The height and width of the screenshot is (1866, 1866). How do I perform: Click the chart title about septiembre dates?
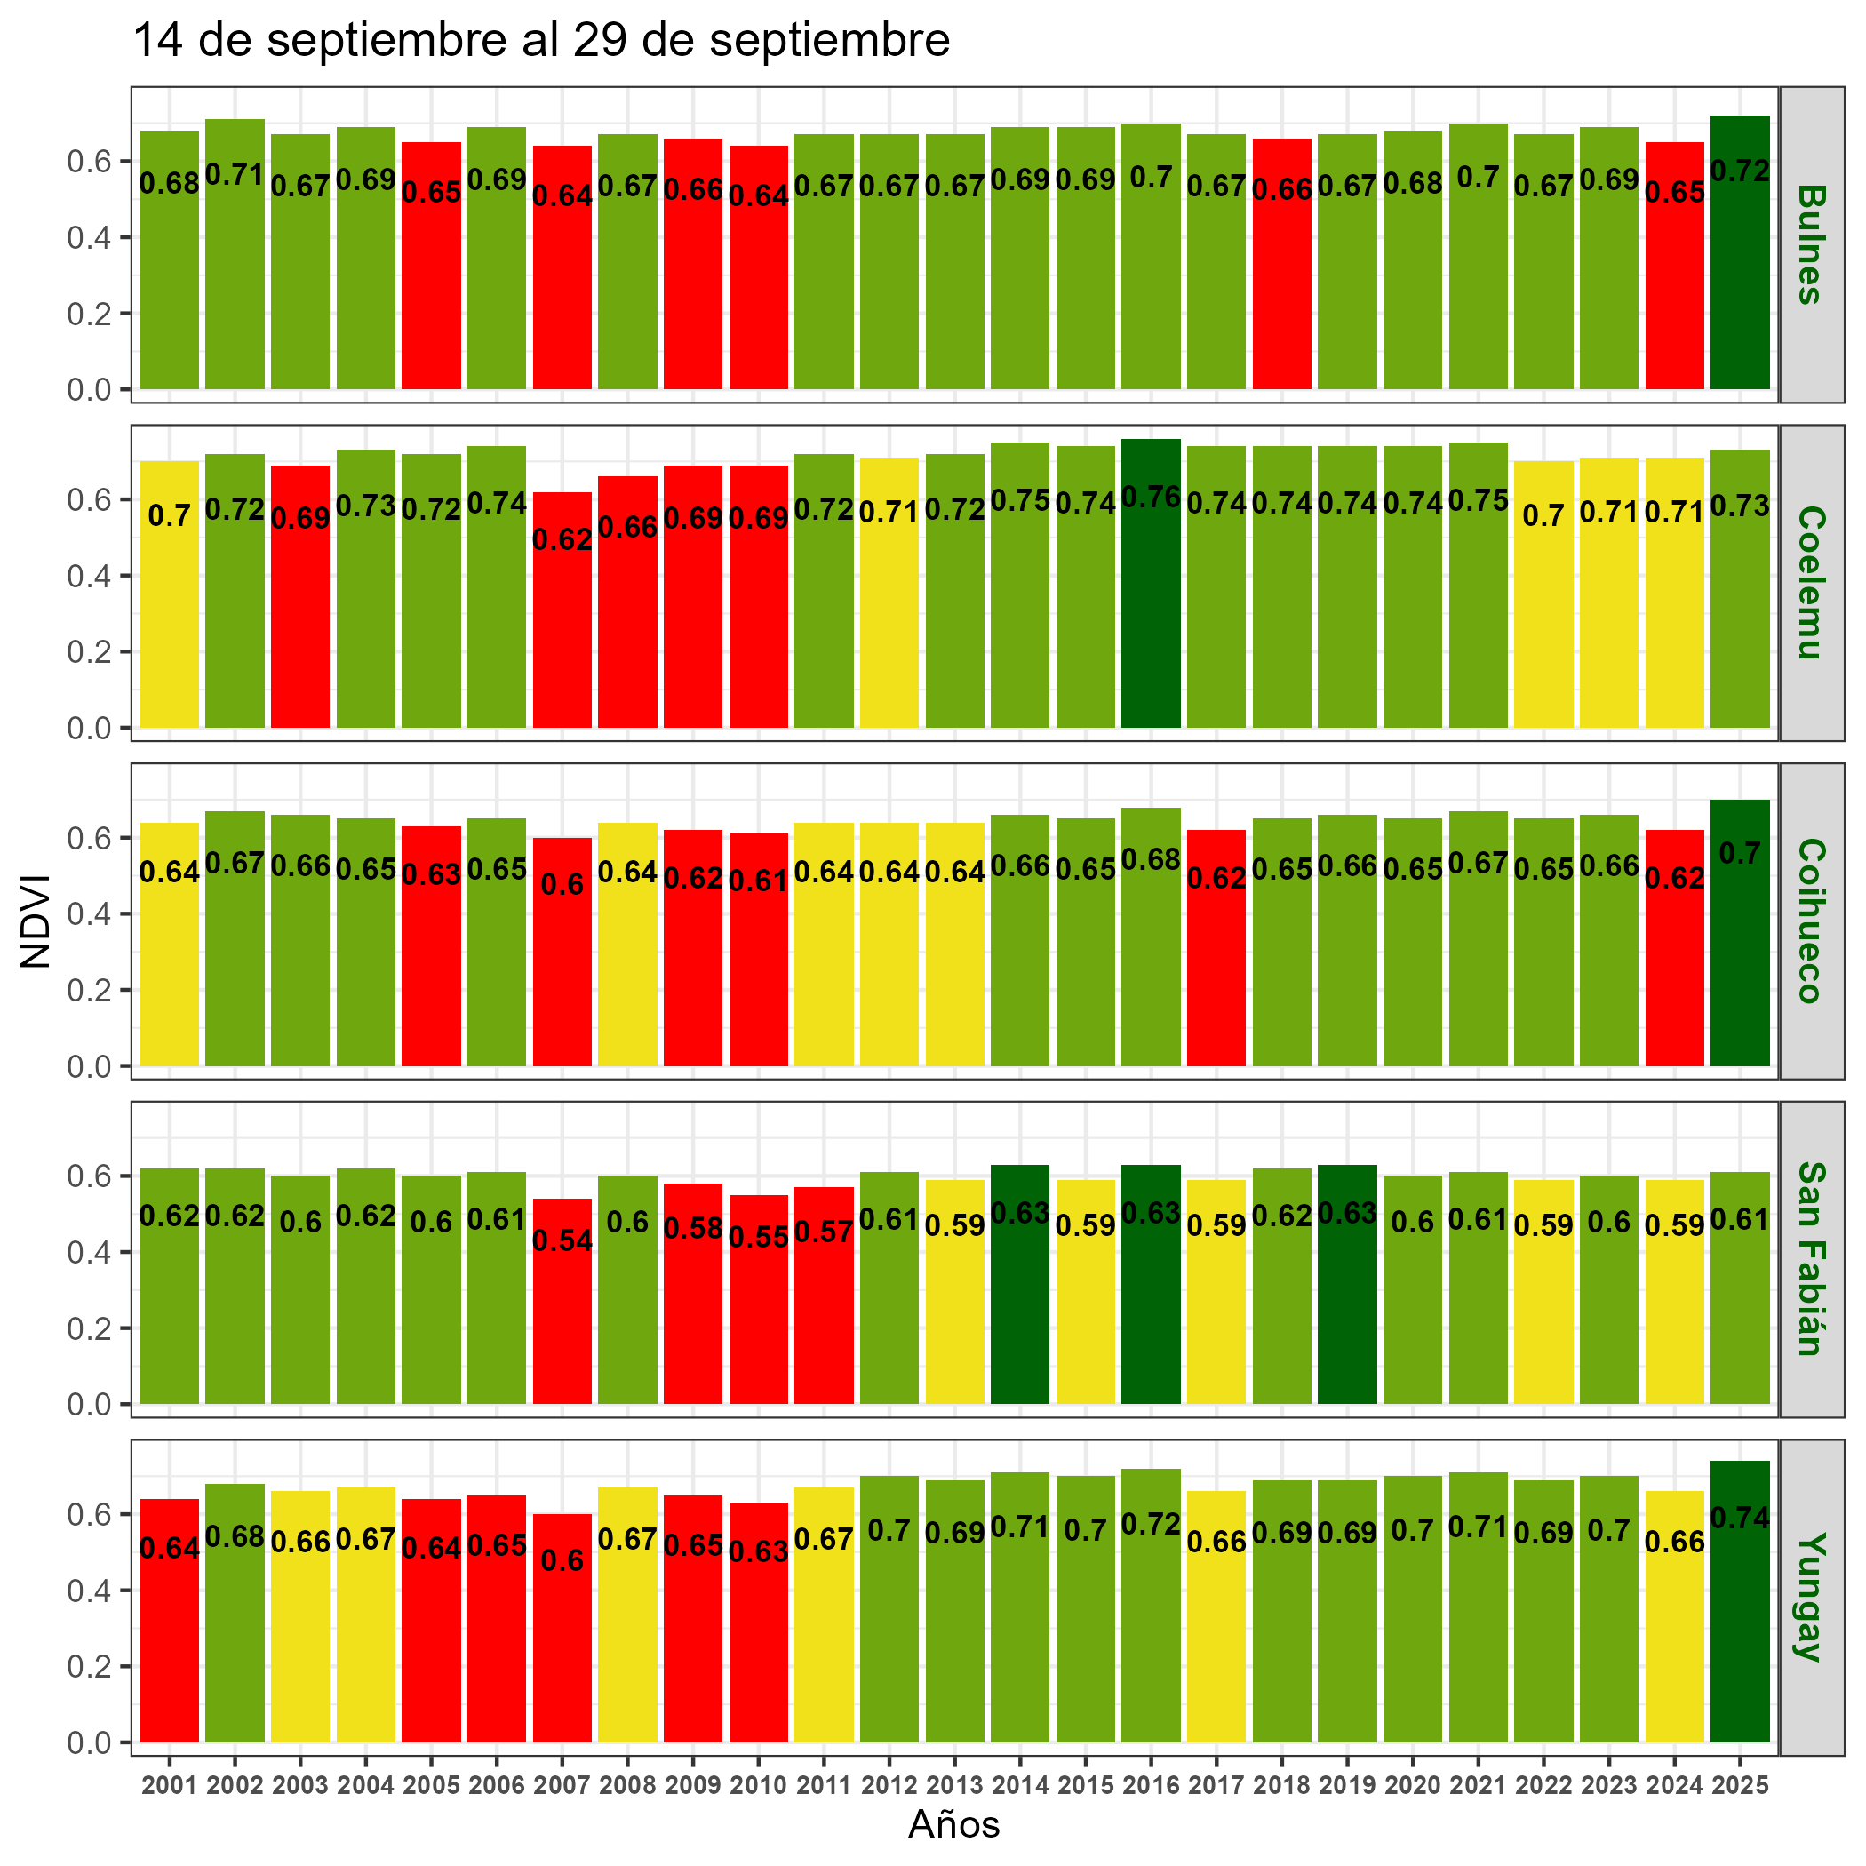541,42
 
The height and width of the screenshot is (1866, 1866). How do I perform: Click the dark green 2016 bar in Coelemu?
1151,618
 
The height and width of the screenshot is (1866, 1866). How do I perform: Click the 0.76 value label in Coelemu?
1151,498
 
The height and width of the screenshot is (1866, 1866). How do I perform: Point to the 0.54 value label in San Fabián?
562,1240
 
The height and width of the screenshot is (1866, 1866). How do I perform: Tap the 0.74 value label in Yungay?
1740,1519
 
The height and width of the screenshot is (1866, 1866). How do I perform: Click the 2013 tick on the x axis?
954,1786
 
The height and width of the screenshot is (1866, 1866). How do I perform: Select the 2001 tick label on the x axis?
169,1786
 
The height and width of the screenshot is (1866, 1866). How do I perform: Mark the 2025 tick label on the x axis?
1740,1786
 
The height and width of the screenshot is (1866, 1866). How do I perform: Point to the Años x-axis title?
953,1824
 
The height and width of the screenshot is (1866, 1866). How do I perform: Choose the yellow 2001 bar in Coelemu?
169,628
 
